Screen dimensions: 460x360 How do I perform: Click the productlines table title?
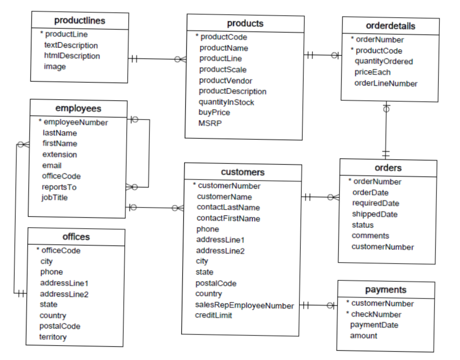(x=80, y=21)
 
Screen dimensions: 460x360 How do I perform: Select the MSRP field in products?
(x=210, y=123)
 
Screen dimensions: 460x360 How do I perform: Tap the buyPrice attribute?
(x=214, y=113)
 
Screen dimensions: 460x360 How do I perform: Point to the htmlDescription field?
(x=72, y=56)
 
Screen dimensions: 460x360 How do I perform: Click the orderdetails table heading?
(x=391, y=26)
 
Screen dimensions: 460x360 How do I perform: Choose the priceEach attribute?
(x=373, y=72)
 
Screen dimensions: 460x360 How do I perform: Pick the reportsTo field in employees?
(x=59, y=187)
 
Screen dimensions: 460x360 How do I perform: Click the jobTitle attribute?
(x=55, y=198)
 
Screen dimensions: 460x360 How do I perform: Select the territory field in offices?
(x=53, y=337)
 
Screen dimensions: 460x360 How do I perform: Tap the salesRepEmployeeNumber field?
(x=244, y=305)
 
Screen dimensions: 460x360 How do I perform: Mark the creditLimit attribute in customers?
(x=213, y=315)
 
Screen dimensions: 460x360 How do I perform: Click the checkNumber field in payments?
(x=376, y=314)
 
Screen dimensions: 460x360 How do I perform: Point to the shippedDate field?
(x=374, y=214)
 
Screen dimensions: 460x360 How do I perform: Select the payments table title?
(x=386, y=290)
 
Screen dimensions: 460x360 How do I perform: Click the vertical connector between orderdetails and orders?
(x=386, y=130)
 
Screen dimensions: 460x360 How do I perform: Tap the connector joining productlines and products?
(x=157, y=59)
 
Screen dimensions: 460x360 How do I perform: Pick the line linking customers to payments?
(x=318, y=305)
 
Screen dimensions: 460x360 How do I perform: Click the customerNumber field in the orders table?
(x=382, y=247)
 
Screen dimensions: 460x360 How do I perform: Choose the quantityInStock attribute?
(x=226, y=102)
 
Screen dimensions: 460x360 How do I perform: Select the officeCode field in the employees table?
(x=61, y=176)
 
